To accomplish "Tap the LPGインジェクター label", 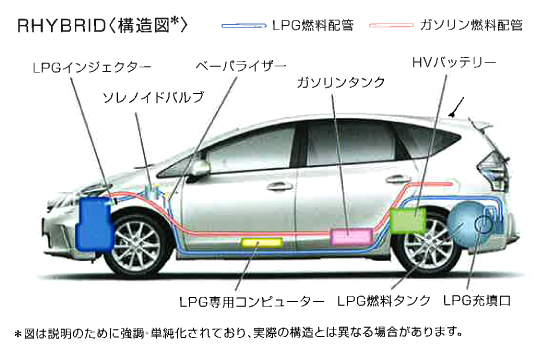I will (78, 67).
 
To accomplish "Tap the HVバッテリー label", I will (455, 63).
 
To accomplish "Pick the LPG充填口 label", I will (479, 300).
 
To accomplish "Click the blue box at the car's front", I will (97, 223).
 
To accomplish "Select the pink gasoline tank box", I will (350, 236).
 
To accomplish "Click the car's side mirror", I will (199, 168).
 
